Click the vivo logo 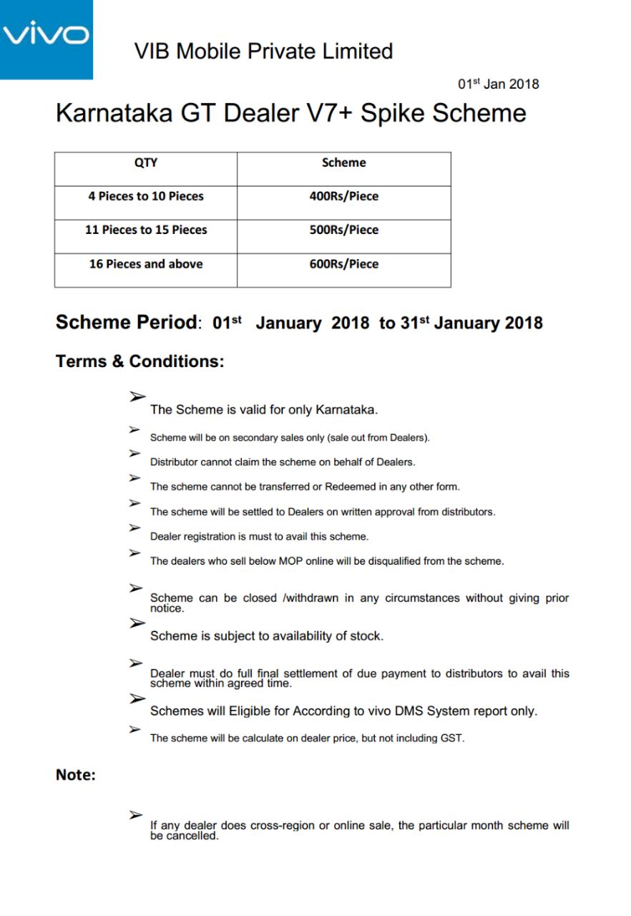pyautogui.click(x=47, y=35)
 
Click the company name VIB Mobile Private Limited pyautogui.click(x=263, y=52)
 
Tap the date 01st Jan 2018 pyautogui.click(x=498, y=84)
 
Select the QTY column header pyautogui.click(x=146, y=162)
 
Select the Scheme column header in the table pyautogui.click(x=343, y=162)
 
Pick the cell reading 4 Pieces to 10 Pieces pyautogui.click(x=146, y=196)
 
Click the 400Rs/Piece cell pyautogui.click(x=343, y=196)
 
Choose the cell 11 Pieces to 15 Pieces pyautogui.click(x=146, y=230)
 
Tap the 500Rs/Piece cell pyautogui.click(x=343, y=230)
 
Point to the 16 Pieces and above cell pyautogui.click(x=146, y=264)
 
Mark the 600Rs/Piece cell pyautogui.click(x=343, y=264)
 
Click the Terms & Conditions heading pyautogui.click(x=140, y=361)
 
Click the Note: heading pyautogui.click(x=76, y=775)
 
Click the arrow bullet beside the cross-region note pyautogui.click(x=136, y=814)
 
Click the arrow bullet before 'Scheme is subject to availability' pyautogui.click(x=137, y=623)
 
